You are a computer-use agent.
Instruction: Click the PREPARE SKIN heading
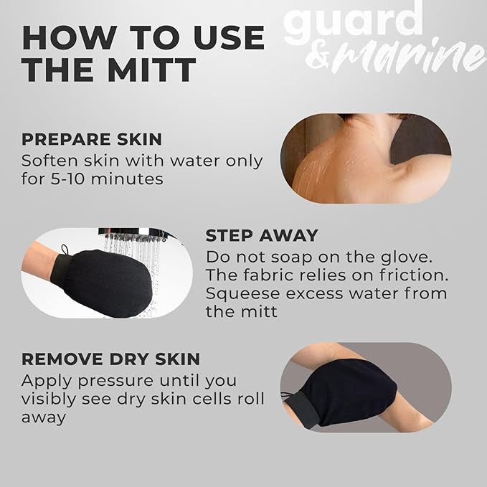(91, 139)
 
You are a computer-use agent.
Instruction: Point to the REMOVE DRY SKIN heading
(110, 359)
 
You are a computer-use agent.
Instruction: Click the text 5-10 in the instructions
(70, 178)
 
